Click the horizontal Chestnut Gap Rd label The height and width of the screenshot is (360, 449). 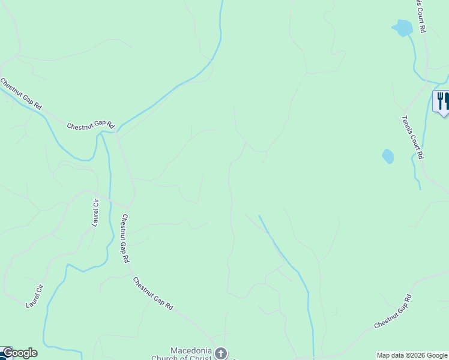(x=90, y=127)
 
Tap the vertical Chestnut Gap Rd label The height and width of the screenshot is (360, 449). (x=124, y=239)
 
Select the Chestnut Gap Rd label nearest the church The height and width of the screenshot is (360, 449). (x=153, y=293)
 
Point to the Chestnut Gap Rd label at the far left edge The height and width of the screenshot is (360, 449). (x=21, y=94)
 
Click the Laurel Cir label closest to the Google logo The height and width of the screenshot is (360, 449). (x=35, y=295)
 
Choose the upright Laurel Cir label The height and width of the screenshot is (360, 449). (x=95, y=212)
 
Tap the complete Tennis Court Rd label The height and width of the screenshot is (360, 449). (x=414, y=137)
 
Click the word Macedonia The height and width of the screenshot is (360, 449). (x=190, y=350)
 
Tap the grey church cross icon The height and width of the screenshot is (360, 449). (x=221, y=353)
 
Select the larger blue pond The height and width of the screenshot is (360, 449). (x=403, y=28)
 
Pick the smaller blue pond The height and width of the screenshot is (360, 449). (x=388, y=157)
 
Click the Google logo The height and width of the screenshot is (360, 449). (x=19, y=353)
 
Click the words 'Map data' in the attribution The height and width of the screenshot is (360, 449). (x=390, y=355)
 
